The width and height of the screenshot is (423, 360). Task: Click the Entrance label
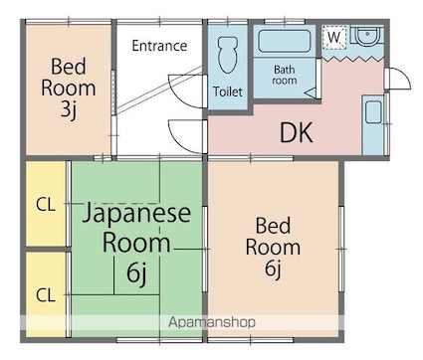point(159,45)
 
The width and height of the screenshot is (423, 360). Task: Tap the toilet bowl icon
point(226,52)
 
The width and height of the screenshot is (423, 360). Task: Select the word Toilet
point(227,91)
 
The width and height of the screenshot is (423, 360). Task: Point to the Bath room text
point(287,76)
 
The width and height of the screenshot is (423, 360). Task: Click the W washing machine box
point(335,36)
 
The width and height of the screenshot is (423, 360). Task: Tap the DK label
point(296,131)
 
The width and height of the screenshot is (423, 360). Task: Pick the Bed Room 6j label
point(273,246)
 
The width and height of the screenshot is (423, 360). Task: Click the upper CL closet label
point(46,206)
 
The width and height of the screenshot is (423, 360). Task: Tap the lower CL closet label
point(46,294)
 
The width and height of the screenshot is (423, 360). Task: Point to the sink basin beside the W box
point(366,37)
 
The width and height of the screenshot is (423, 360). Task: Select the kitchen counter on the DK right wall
point(374,124)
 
